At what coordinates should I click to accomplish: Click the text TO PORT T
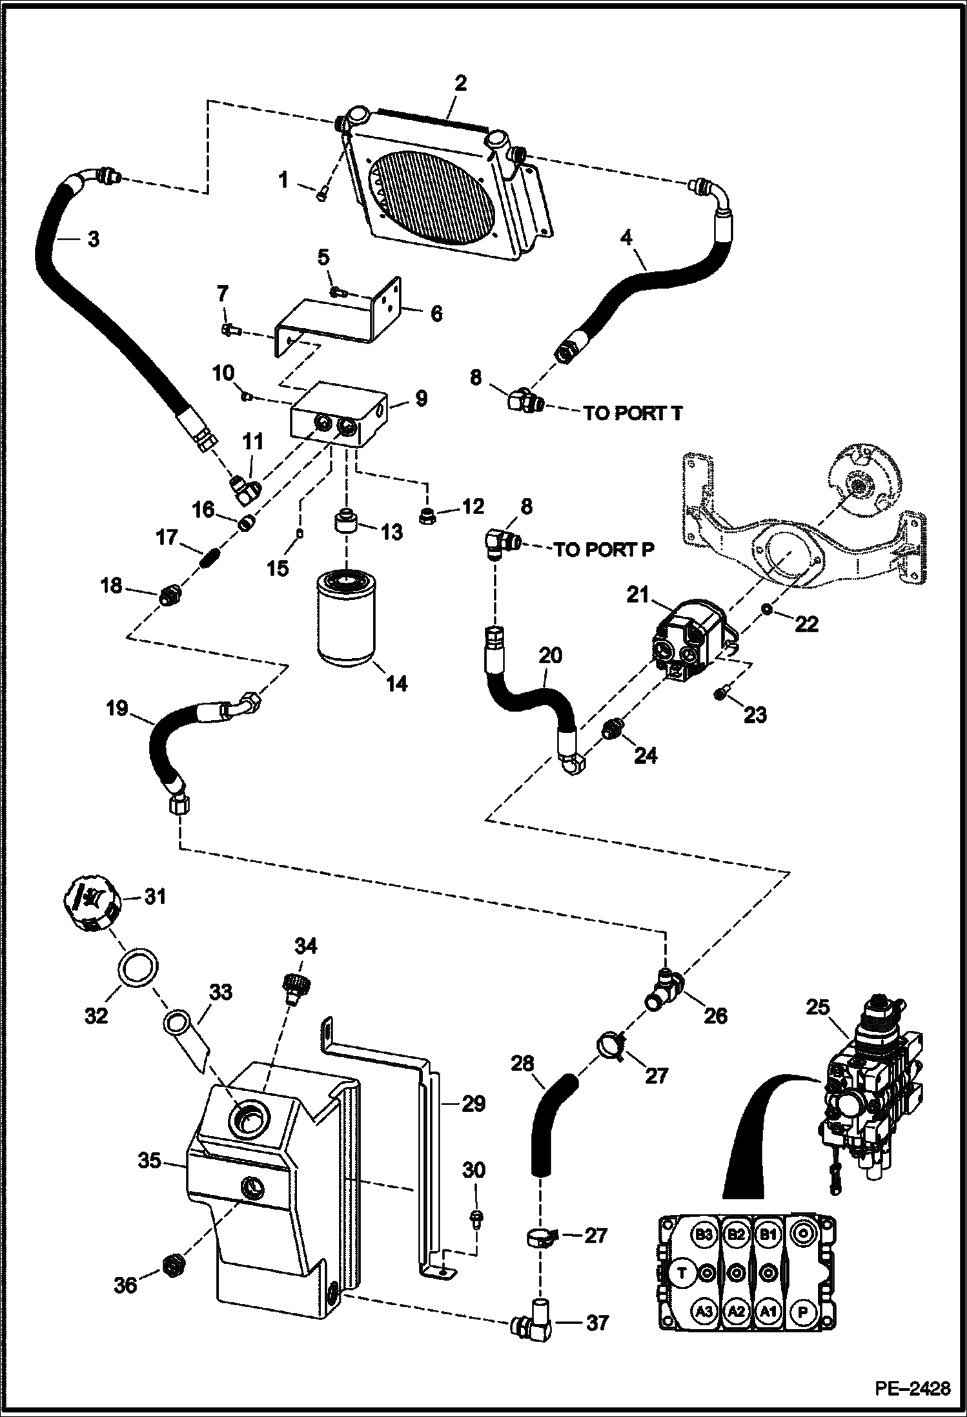tap(633, 413)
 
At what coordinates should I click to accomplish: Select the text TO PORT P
tap(604, 550)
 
